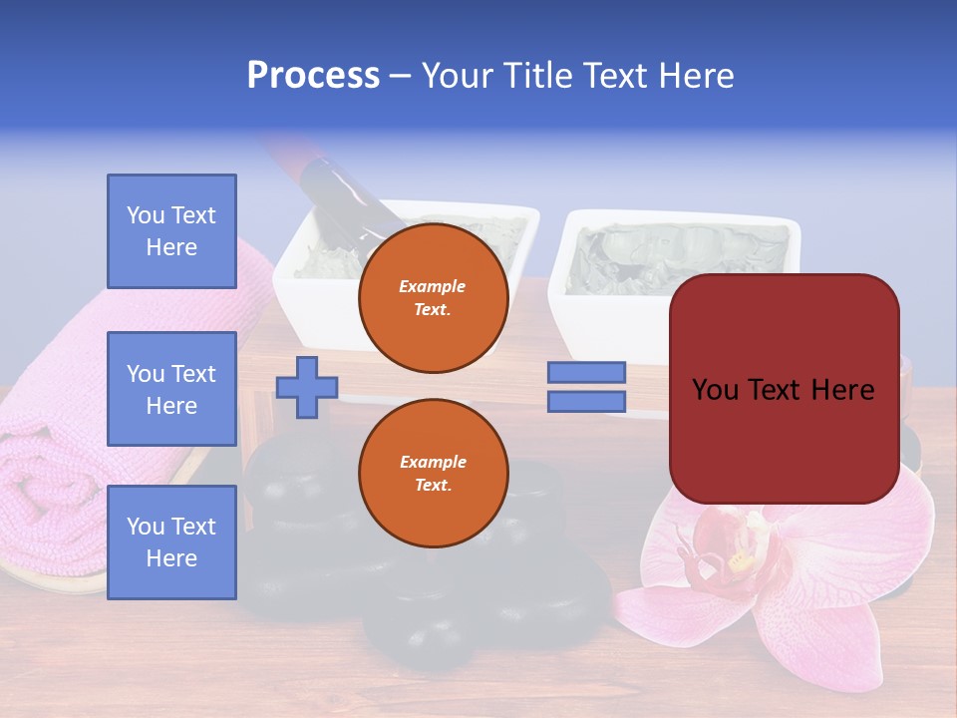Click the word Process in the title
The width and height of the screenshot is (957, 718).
(x=313, y=76)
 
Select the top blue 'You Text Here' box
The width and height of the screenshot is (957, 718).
(x=171, y=231)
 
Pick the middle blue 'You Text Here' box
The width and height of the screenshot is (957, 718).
(x=171, y=389)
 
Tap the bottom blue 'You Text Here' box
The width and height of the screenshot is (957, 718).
(x=171, y=541)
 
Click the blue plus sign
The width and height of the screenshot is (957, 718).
(x=307, y=387)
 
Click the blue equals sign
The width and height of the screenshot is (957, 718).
(x=586, y=387)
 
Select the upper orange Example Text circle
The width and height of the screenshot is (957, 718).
(x=433, y=298)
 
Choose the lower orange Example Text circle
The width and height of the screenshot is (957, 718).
(x=433, y=474)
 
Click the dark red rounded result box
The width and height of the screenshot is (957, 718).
(x=784, y=389)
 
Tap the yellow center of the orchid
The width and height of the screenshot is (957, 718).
(x=741, y=560)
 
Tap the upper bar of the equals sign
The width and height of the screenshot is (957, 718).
(x=586, y=373)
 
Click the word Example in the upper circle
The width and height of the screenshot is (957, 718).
(x=433, y=286)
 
